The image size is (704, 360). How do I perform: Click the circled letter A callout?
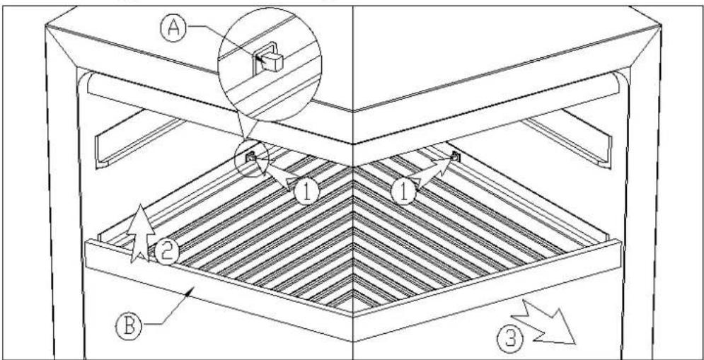coord(173,29)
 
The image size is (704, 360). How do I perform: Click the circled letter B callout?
coord(129,326)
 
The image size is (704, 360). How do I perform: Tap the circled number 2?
coord(166,252)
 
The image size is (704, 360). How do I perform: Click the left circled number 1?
coord(306,192)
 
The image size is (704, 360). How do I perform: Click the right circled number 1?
coord(403,192)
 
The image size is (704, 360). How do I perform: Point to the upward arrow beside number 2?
coord(141,233)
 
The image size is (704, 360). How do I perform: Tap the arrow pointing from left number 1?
coord(275,173)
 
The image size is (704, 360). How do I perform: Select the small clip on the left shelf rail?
coord(250,156)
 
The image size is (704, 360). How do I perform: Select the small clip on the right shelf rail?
coord(456,157)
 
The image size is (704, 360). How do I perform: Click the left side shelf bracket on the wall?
coord(140,138)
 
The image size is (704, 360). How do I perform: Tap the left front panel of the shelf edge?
coord(219,290)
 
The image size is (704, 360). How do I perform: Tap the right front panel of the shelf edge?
coord(487,290)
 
